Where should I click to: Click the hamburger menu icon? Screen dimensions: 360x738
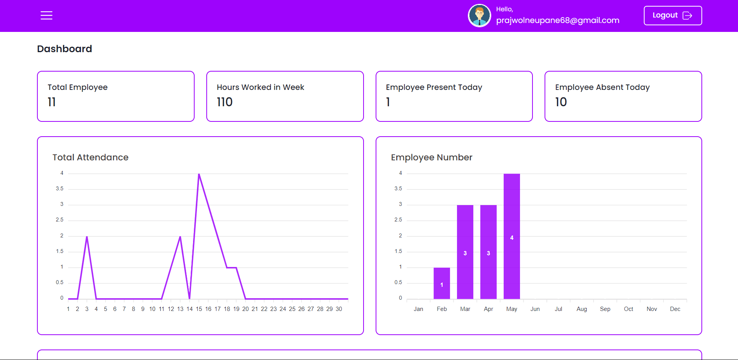(x=46, y=16)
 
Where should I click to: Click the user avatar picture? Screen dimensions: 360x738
(x=479, y=16)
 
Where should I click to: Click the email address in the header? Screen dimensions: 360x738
(x=557, y=20)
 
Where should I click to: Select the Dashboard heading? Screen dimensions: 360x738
(x=65, y=49)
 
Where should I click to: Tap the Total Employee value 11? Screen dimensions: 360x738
(x=52, y=102)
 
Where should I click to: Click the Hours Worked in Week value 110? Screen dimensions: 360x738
(x=225, y=102)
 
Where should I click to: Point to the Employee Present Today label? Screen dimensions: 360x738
(x=434, y=87)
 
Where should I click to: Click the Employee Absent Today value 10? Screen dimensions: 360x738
(x=561, y=102)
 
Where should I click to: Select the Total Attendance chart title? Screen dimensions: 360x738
(x=90, y=157)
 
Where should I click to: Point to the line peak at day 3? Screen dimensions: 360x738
(x=87, y=237)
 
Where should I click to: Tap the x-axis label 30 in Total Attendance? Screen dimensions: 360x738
(x=339, y=309)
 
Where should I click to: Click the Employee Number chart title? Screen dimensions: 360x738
(x=431, y=157)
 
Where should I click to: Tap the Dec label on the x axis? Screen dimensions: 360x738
(x=675, y=309)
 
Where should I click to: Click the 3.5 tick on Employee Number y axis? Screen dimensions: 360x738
(x=398, y=189)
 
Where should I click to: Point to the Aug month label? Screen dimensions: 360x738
(x=582, y=309)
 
